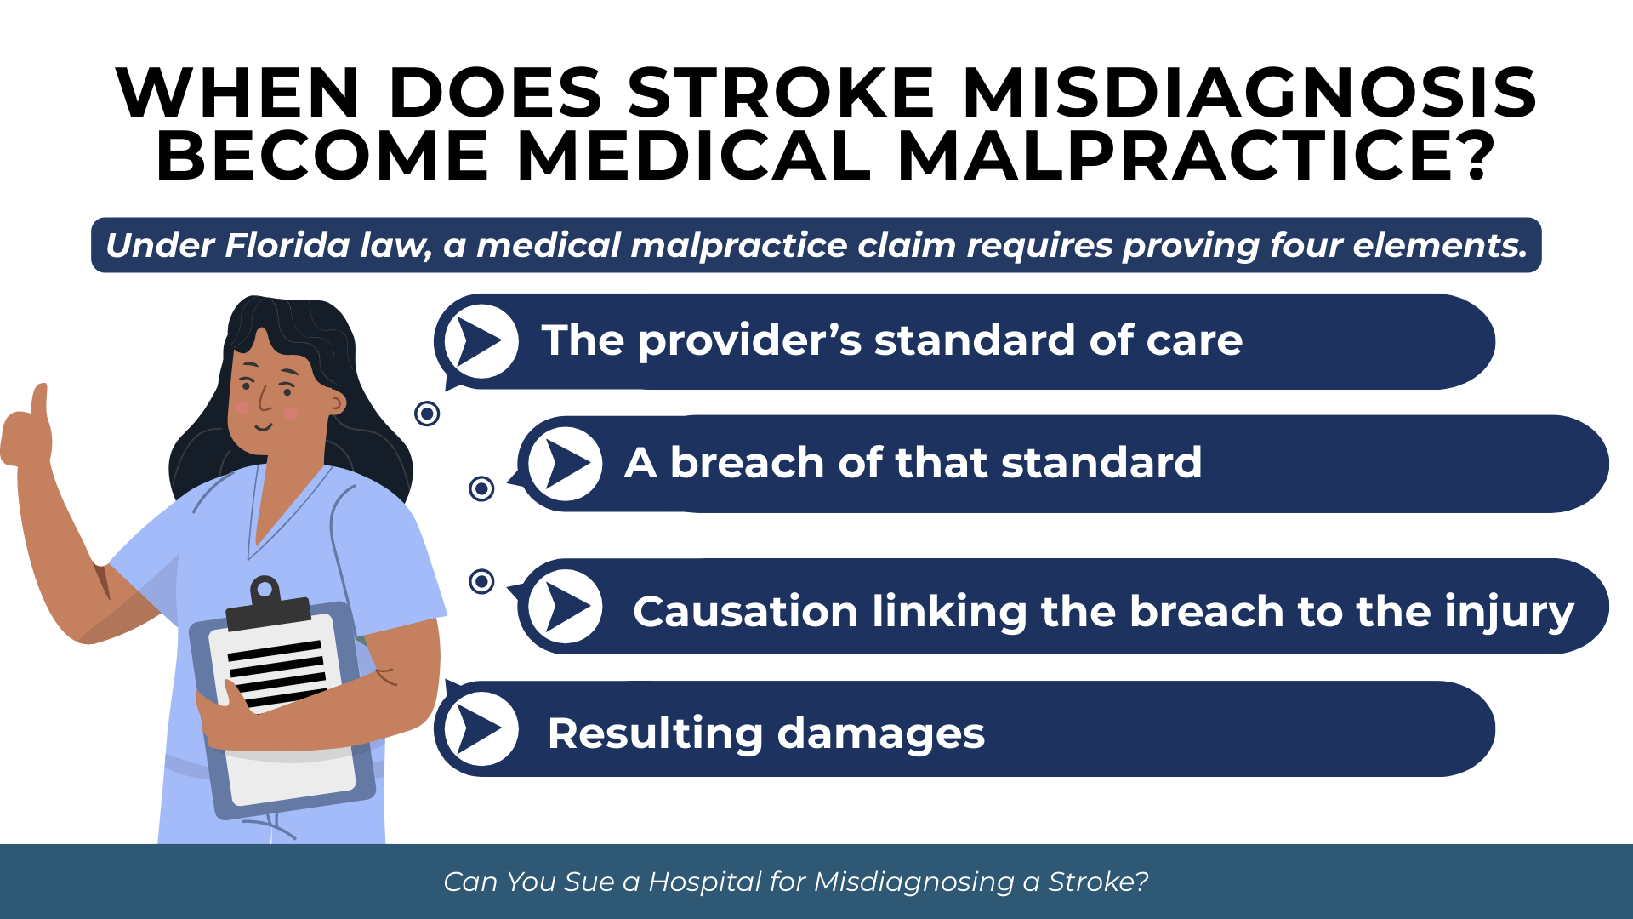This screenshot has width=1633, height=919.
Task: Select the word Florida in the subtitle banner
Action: [x=287, y=245]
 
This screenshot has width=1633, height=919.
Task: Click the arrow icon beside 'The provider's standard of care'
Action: [x=481, y=341]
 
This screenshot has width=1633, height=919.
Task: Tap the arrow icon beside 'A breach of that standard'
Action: [x=566, y=464]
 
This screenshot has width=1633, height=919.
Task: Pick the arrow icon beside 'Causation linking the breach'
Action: [x=566, y=607]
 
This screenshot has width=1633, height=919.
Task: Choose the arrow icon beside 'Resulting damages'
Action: [x=481, y=728]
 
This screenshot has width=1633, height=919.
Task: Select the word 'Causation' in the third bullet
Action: [x=745, y=612]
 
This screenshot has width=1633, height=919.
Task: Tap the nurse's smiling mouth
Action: [x=265, y=426]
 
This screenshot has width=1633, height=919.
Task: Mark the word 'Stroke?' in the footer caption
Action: [x=1098, y=882]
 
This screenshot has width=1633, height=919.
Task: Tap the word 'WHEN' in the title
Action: [x=238, y=93]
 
